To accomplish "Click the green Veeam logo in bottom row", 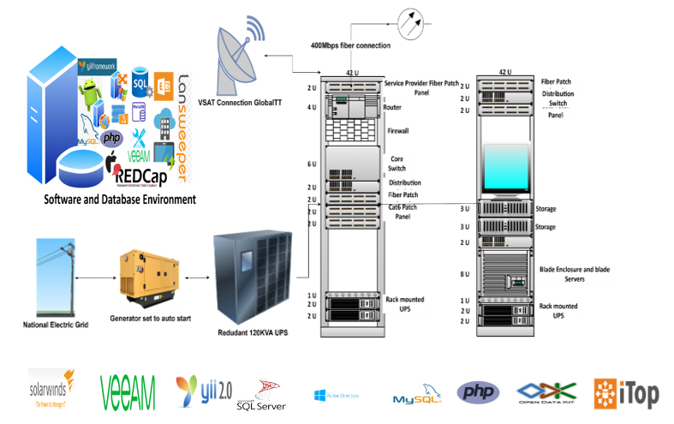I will point(128,391).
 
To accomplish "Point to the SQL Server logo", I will point(261,397).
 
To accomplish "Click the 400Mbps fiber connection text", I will point(352,44).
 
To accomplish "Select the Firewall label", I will point(399,132).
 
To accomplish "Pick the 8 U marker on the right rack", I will point(465,274).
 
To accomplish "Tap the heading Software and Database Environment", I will point(120,199).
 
